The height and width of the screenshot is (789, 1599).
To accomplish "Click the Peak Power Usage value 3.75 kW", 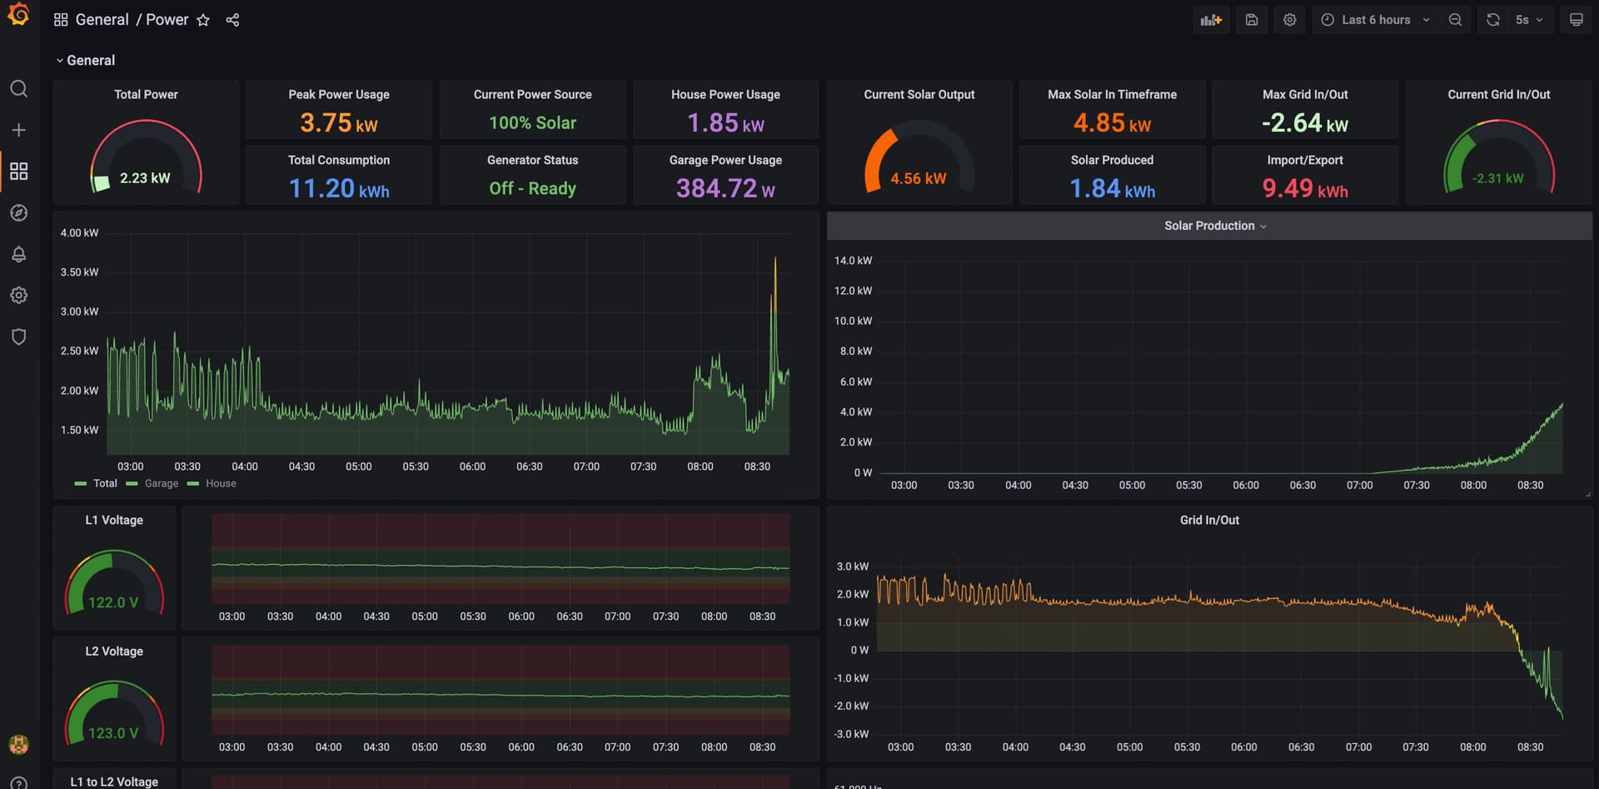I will click(x=338, y=123).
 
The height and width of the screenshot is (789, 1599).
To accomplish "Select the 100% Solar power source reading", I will click(x=532, y=123).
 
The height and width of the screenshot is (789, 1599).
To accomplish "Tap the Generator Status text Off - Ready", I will click(x=532, y=189).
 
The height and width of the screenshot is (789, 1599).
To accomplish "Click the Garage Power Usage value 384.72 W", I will click(x=725, y=189).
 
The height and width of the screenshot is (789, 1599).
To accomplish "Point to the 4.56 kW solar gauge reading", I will click(x=918, y=179).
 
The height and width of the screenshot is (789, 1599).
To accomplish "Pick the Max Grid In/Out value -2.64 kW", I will click(x=1304, y=123).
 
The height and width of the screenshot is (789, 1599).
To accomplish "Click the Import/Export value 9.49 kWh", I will click(x=1304, y=189).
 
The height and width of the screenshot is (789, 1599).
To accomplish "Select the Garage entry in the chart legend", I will click(x=161, y=484).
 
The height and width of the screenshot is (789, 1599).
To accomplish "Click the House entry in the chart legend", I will click(x=221, y=484).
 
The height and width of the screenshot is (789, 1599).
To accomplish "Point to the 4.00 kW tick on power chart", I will click(x=79, y=233).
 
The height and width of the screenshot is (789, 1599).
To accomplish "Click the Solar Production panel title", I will click(x=1209, y=226).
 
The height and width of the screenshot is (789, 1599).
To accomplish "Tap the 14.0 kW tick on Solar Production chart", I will click(x=853, y=261).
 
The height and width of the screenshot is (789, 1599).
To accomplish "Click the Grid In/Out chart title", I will click(x=1209, y=520).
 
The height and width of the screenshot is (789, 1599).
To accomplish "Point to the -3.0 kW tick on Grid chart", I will click(x=851, y=734).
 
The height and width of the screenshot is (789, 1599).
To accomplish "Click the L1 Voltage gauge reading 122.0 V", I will click(x=113, y=602).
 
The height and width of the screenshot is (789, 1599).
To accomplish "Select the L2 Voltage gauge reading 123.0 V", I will click(x=113, y=733).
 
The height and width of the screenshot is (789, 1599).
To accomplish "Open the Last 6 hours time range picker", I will click(x=1376, y=20).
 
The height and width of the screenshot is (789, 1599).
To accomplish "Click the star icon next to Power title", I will click(x=203, y=20).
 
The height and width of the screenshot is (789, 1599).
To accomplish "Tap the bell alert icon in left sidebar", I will click(x=18, y=254).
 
